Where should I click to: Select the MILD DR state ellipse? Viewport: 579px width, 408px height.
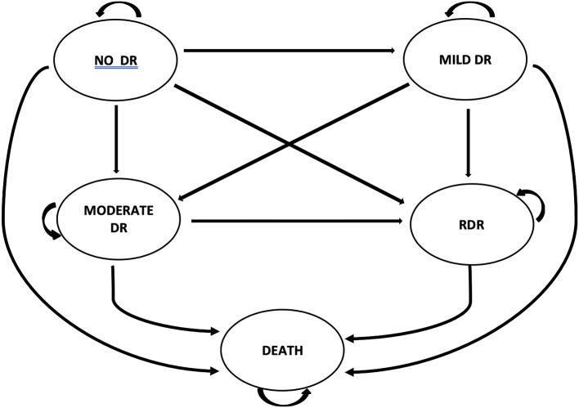[468, 60]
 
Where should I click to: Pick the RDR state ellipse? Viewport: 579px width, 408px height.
[468, 224]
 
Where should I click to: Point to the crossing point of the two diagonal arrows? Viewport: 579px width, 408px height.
[291, 146]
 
